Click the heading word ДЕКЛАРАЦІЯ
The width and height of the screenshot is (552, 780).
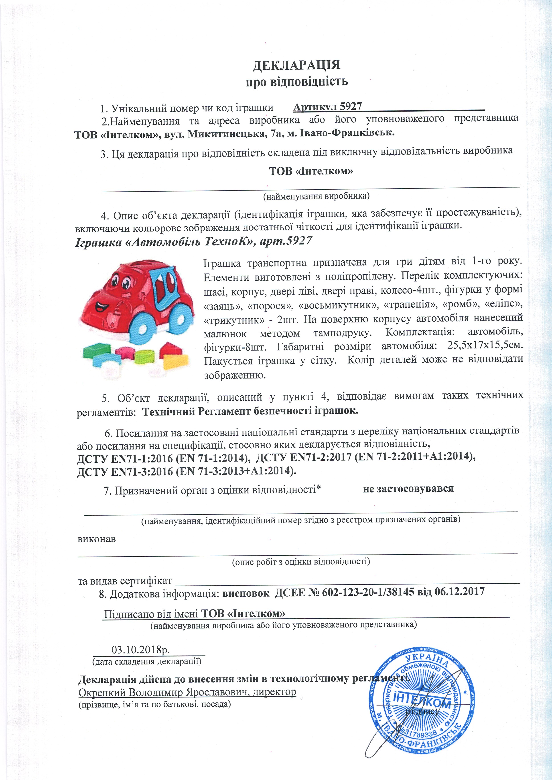296,65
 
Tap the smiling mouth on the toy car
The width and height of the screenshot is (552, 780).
99,307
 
